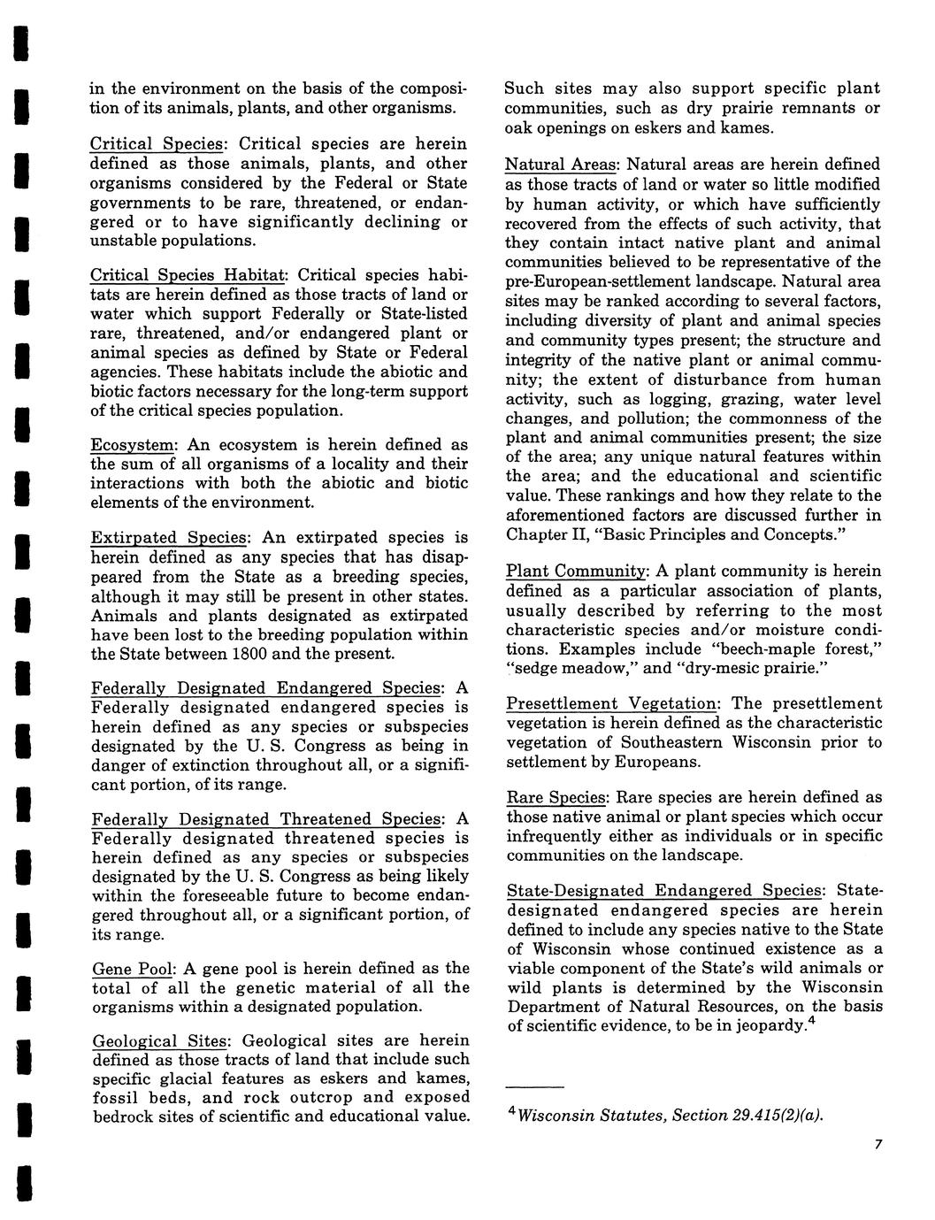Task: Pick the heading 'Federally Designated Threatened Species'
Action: [268, 819]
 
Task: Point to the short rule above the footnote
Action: [534, 1086]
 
